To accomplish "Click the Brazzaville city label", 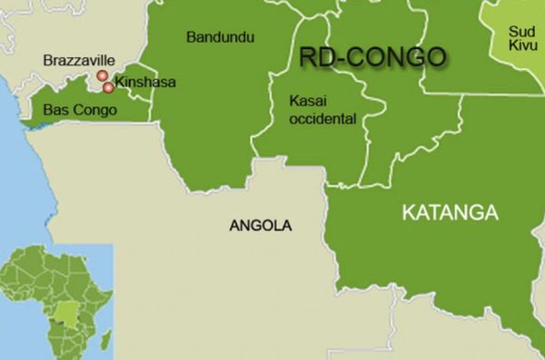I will pyautogui.click(x=78, y=60).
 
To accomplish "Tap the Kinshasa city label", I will pyautogui.click(x=145, y=82).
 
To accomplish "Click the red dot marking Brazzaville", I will pyautogui.click(x=103, y=76).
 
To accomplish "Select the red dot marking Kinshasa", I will pyautogui.click(x=109, y=87).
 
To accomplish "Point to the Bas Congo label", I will pyautogui.click(x=80, y=111).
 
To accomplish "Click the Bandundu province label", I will pyautogui.click(x=221, y=37).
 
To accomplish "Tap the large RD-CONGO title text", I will pyautogui.click(x=373, y=56).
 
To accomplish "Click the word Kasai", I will pyautogui.click(x=305, y=99).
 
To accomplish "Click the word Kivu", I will pyautogui.click(x=523, y=45).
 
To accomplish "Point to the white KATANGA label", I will pyautogui.click(x=450, y=213).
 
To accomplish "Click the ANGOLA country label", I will pyautogui.click(x=260, y=225).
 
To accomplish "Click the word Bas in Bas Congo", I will pyautogui.click(x=55, y=111).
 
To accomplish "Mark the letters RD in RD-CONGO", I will pyautogui.click(x=316, y=56).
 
